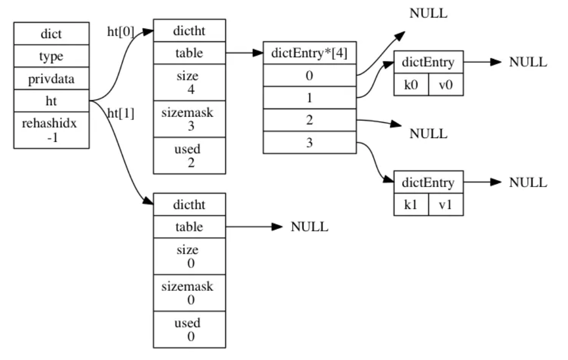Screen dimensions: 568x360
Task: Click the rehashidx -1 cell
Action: pyautogui.click(x=51, y=130)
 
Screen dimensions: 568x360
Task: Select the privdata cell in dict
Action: pyautogui.click(x=51, y=78)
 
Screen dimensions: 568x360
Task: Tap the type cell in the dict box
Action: pyautogui.click(x=51, y=56)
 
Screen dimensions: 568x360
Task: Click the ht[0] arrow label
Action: pyautogui.click(x=121, y=32)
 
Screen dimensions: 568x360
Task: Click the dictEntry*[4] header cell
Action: pyautogui.click(x=310, y=53)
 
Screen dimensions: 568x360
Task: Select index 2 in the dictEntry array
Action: pyautogui.click(x=310, y=120)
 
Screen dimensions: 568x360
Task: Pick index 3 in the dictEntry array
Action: pyautogui.click(x=310, y=142)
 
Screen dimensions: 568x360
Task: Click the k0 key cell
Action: pyautogui.click(x=411, y=85)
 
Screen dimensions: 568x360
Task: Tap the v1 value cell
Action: pyautogui.click(x=446, y=205)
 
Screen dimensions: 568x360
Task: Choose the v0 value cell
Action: pyautogui.click(x=446, y=85)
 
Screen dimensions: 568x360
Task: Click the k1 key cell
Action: pyautogui.click(x=411, y=205)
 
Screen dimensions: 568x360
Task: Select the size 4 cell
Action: pyautogui.click(x=189, y=82)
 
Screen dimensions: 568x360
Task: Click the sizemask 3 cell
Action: pyautogui.click(x=189, y=119)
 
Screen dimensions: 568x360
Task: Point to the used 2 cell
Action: pyautogui.click(x=189, y=155)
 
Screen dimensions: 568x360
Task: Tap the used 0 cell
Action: pyautogui.click(x=189, y=329)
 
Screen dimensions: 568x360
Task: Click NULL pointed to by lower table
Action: pyautogui.click(x=309, y=227)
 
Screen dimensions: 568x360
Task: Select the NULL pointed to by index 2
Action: pyautogui.click(x=428, y=134)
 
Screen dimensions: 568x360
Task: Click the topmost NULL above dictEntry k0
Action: pyautogui.click(x=428, y=14)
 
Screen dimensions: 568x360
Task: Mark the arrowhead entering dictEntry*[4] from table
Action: pyautogui.click(x=258, y=53)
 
